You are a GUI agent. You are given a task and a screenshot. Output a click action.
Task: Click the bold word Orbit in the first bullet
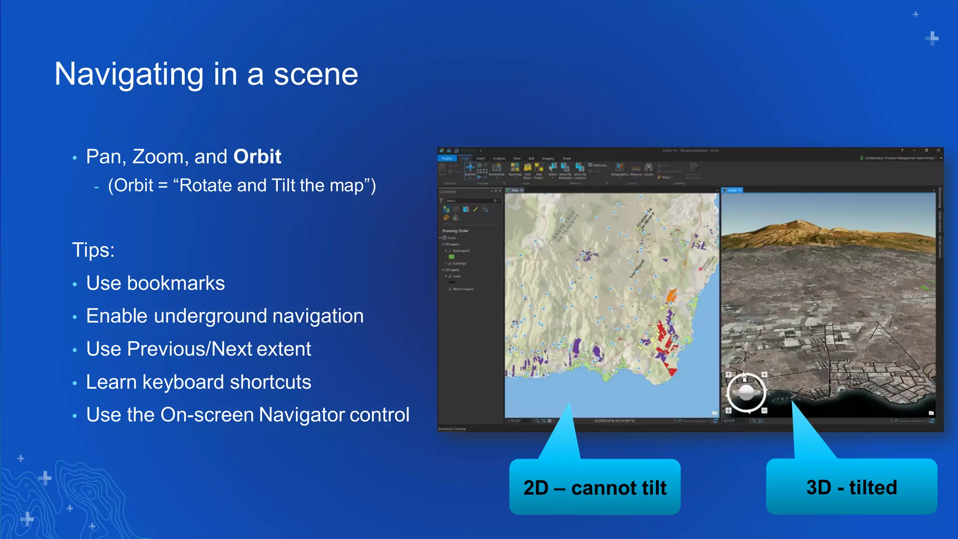257,157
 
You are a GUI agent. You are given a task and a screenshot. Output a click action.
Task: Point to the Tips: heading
93,250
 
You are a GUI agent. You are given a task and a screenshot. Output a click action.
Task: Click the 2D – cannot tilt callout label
595,488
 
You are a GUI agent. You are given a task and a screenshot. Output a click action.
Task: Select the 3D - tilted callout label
851,487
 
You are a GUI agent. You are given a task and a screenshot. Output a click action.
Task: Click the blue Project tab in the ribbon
447,159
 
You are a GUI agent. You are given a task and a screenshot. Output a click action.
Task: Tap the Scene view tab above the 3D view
732,190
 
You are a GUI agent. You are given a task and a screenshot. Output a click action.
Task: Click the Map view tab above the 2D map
515,190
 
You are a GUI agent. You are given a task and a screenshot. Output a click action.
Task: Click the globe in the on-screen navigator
746,393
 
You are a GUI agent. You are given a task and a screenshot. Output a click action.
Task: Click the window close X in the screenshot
938,151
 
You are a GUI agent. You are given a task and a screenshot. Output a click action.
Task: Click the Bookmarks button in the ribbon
496,169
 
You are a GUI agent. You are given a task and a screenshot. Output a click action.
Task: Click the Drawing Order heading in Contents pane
455,231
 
